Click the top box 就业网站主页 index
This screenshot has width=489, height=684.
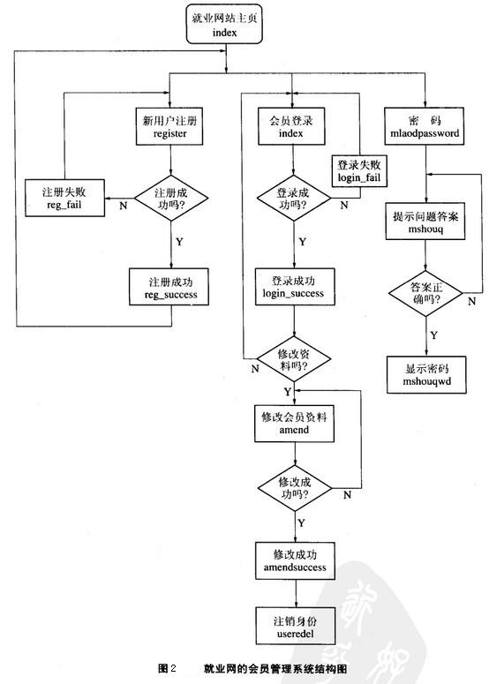tap(226, 25)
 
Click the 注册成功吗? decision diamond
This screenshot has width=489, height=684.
tap(170, 199)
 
